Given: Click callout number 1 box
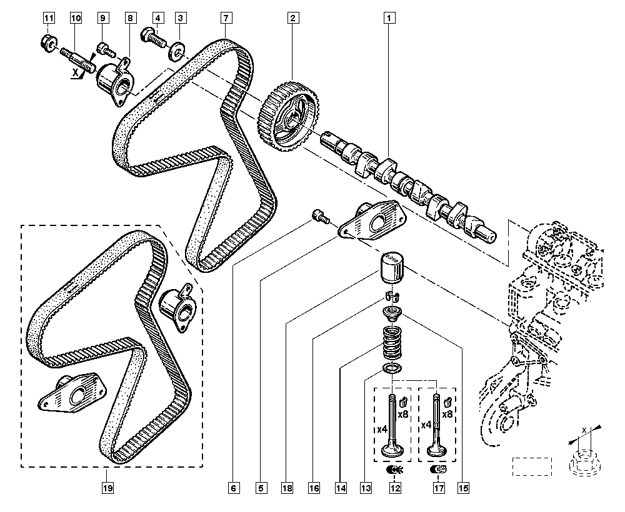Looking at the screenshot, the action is pos(389,18).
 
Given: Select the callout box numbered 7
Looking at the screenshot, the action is pos(226,18).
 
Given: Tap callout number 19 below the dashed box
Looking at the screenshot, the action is pos(107,488).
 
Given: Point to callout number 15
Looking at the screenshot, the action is pos(464,488).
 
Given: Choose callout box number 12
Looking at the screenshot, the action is pos(396,488).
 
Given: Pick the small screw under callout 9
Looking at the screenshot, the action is pos(106,49).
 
